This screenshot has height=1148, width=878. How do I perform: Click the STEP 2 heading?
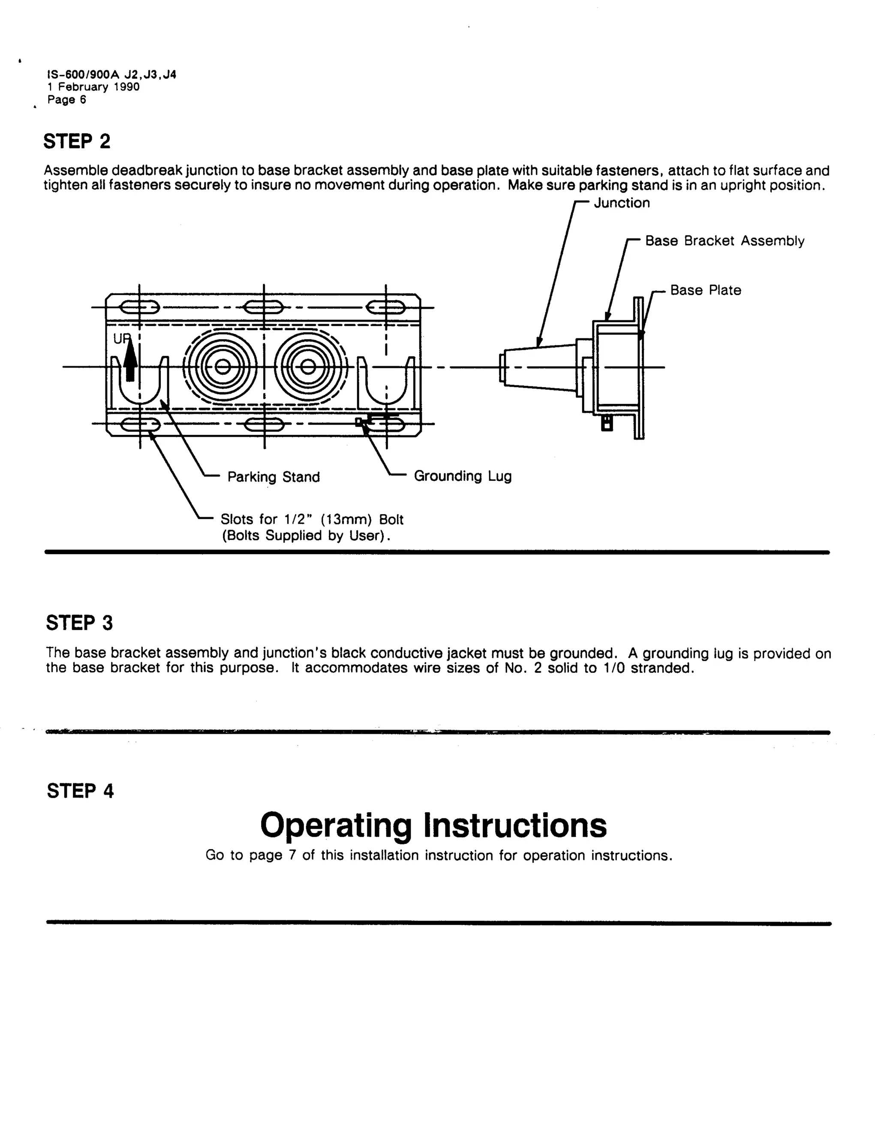tap(77, 142)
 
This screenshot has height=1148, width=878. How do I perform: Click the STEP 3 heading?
tap(79, 623)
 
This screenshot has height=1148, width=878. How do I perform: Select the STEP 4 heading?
tap(80, 791)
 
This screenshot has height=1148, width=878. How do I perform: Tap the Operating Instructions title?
tap(433, 826)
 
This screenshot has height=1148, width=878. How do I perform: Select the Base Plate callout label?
tap(706, 290)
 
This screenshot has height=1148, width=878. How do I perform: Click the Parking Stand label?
tap(274, 477)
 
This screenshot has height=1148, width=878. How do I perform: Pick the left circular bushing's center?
tap(223, 367)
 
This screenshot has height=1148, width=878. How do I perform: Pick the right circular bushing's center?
tap(308, 367)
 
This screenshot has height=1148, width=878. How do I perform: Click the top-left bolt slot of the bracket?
tap(139, 307)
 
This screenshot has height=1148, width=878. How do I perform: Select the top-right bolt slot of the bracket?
tap(386, 307)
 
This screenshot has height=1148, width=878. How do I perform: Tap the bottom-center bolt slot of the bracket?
tap(264, 424)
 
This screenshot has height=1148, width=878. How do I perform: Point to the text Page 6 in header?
tap(66, 99)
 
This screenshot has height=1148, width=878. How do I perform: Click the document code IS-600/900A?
tap(84, 75)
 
